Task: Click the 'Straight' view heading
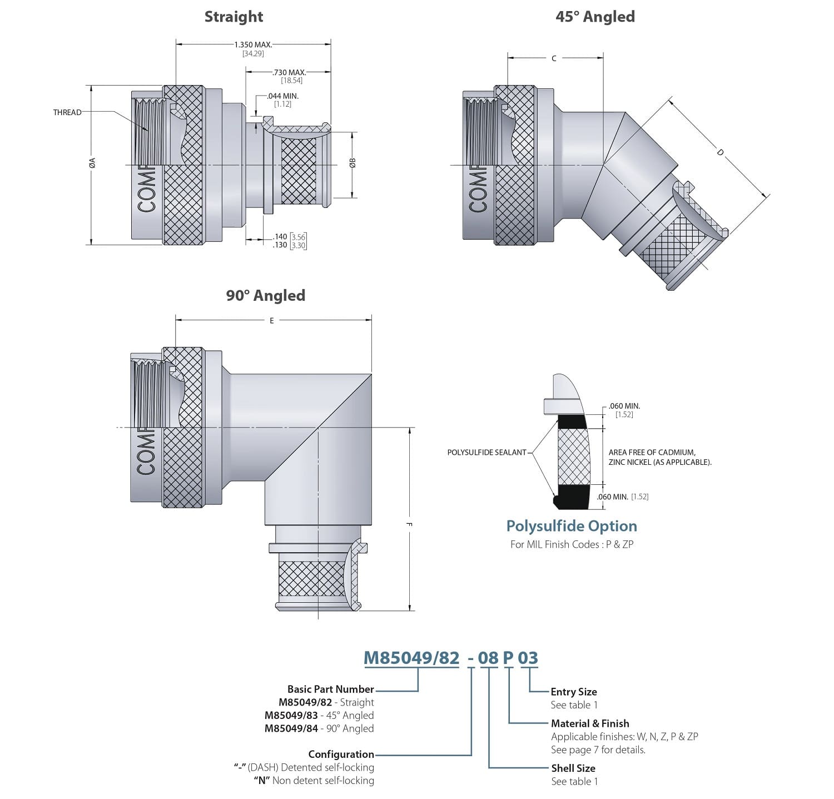point(234,17)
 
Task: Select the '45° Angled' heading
point(595,17)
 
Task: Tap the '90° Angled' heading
point(265,295)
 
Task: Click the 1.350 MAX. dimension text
point(253,44)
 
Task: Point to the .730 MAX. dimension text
point(289,72)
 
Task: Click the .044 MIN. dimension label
point(283,96)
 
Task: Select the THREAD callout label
point(67,112)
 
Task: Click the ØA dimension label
point(93,162)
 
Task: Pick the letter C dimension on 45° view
point(554,58)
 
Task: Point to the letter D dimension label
point(721,152)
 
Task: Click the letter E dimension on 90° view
point(272,321)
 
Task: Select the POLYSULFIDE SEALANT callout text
point(487,453)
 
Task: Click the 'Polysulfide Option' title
point(572,526)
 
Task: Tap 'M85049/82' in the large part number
point(411,658)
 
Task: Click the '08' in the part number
point(488,658)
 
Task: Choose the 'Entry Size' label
point(574,692)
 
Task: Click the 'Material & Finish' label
point(590,723)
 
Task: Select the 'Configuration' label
point(341,754)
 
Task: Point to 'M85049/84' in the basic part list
point(291,728)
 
